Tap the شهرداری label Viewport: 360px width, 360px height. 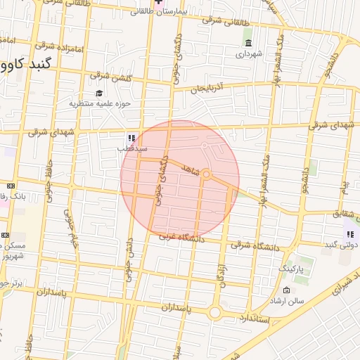click(248, 53)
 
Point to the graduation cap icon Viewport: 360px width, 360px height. click(99, 93)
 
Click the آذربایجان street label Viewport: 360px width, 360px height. click(207, 88)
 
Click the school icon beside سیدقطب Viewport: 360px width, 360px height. click(131, 138)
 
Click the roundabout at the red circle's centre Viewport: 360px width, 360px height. click(207, 175)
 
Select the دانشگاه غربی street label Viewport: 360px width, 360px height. click(181, 238)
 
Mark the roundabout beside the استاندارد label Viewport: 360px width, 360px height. click(214, 312)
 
